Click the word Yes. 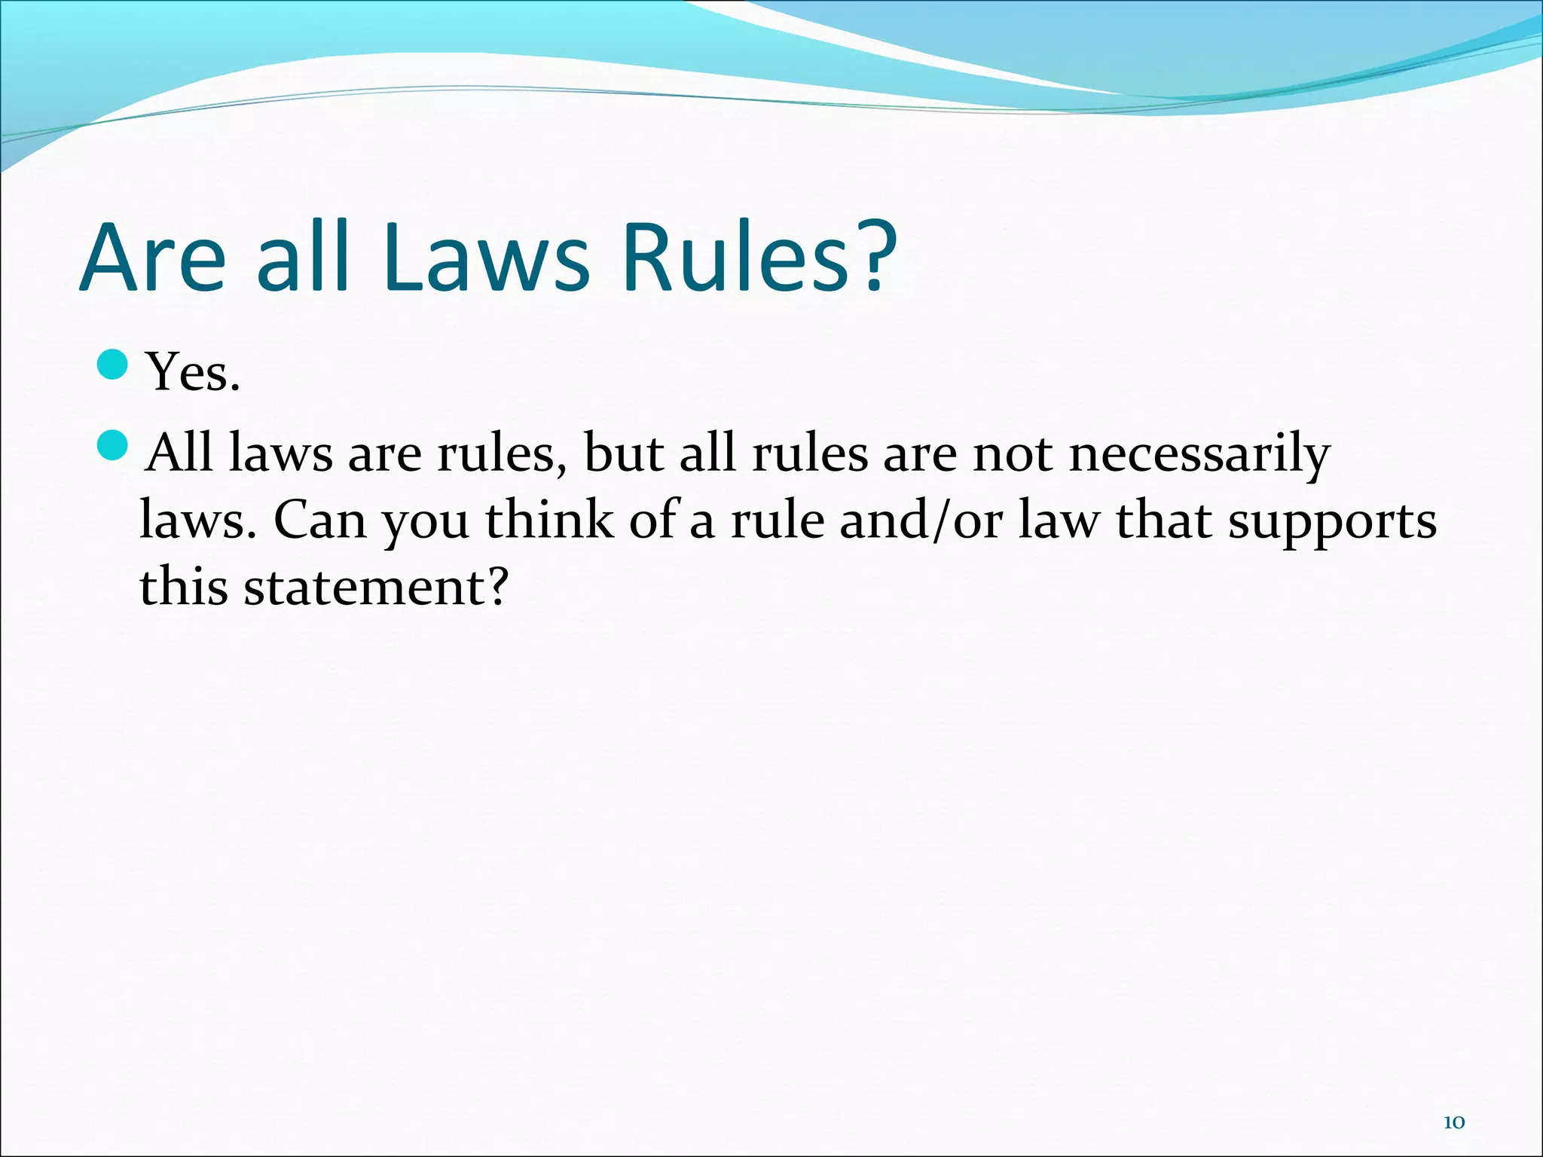[194, 372]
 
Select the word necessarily [1199, 455]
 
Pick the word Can [319, 520]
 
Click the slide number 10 [1453, 1122]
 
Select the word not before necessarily [1013, 454]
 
